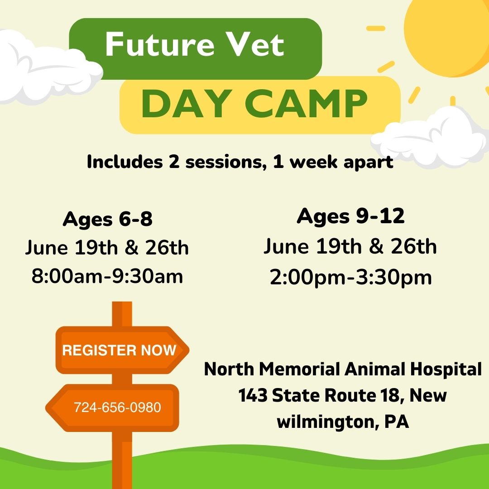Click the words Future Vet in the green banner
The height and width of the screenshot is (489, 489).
tap(195, 44)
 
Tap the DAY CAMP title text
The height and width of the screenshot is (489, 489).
tap(254, 104)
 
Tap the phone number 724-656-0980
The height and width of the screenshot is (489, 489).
tap(117, 407)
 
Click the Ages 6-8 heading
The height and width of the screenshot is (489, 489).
tap(108, 219)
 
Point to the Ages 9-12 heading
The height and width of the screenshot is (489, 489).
tap(350, 216)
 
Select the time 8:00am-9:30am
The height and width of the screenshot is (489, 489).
tap(107, 276)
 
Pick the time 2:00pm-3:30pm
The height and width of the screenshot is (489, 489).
tap(350, 278)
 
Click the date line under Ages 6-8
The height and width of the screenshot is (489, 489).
tap(107, 248)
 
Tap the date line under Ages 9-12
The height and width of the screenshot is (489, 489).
tap(350, 246)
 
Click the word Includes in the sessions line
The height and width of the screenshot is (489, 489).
tap(125, 162)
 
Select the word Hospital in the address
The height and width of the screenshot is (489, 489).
tap(446, 369)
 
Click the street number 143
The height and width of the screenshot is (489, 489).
tap(253, 395)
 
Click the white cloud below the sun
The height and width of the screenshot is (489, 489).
tap(431, 137)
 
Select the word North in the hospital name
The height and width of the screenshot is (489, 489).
tap(229, 369)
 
